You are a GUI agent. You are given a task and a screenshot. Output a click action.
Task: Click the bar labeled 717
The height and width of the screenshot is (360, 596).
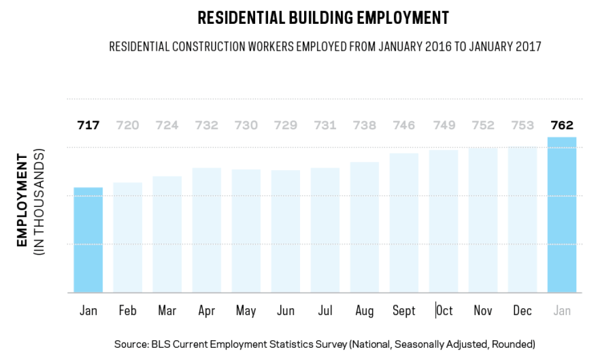(x=88, y=240)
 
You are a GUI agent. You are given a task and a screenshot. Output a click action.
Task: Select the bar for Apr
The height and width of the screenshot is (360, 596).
(x=207, y=230)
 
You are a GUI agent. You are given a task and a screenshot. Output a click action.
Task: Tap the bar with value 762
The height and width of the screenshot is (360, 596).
(x=562, y=215)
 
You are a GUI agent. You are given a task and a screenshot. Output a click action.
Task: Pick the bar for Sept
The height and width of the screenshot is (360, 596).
(x=404, y=223)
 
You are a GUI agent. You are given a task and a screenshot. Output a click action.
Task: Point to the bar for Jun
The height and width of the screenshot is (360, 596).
(x=285, y=231)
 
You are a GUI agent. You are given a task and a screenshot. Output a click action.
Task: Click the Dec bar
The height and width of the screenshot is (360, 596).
(x=523, y=220)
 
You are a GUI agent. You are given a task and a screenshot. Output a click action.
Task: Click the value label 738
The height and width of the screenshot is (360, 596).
(x=364, y=125)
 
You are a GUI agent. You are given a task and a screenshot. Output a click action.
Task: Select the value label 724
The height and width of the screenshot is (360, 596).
(x=167, y=125)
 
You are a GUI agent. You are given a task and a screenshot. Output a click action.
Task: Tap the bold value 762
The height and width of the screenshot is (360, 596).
(x=562, y=125)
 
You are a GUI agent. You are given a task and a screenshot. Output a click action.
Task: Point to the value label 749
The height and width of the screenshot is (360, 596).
(x=443, y=125)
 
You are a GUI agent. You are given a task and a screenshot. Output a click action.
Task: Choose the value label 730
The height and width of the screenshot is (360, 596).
(x=246, y=125)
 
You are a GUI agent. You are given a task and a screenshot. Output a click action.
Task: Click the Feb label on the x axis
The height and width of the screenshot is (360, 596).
(x=127, y=310)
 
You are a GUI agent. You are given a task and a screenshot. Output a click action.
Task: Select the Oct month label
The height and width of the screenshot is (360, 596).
(x=445, y=310)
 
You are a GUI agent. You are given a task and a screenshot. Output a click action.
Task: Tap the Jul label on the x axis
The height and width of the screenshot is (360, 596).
(x=325, y=310)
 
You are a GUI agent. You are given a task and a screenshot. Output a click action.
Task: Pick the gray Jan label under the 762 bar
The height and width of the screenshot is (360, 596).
(x=562, y=310)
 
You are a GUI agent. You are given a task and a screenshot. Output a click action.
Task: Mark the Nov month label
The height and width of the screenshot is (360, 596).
(x=483, y=310)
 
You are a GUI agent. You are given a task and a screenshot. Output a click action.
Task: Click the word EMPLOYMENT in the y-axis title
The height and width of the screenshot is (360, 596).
(x=22, y=200)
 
